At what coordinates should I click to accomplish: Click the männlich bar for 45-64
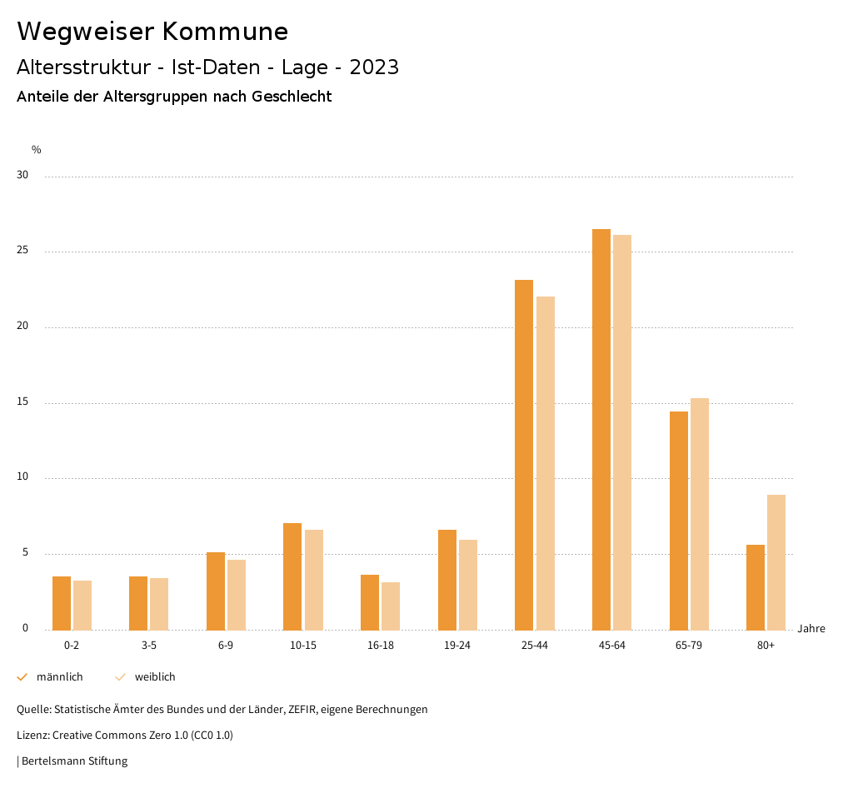(601, 429)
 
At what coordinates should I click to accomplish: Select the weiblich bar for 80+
(776, 562)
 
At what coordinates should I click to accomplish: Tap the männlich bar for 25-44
(524, 455)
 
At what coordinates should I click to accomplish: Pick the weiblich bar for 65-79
(700, 514)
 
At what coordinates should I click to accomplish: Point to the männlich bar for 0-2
(62, 603)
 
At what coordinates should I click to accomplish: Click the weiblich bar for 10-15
(314, 580)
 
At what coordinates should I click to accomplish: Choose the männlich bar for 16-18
(370, 602)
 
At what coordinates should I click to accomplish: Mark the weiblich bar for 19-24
(468, 585)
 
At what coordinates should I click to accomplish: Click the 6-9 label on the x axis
(226, 646)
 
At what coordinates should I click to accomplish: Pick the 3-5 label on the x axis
(149, 646)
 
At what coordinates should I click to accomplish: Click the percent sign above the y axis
(37, 150)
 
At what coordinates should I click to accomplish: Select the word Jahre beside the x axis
(811, 629)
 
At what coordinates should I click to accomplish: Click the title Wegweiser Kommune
(152, 32)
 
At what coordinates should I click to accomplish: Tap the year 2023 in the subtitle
(374, 67)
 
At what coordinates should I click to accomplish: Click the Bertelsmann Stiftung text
(74, 761)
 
